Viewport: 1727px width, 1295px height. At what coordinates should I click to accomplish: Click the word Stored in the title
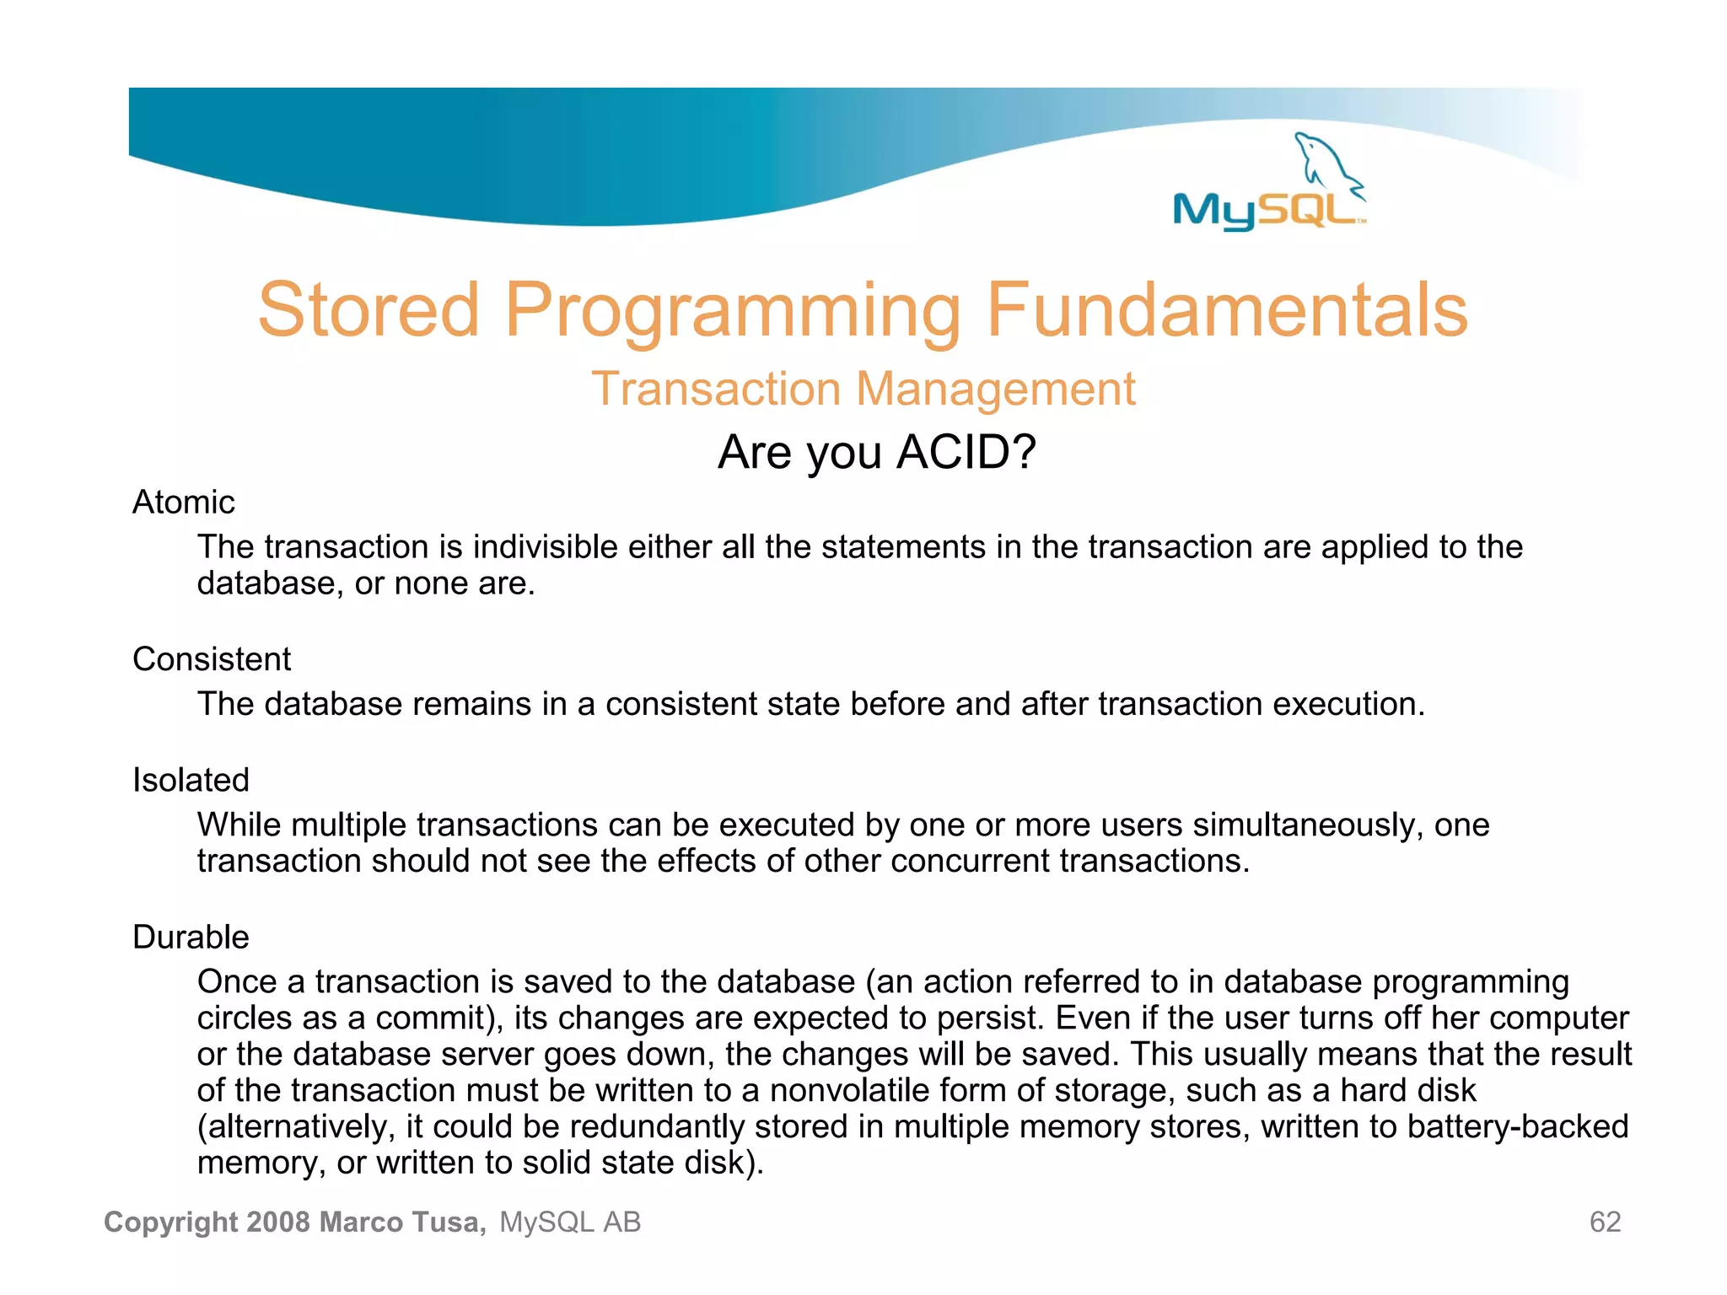[369, 310]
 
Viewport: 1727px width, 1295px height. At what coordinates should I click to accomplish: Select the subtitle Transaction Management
[863, 390]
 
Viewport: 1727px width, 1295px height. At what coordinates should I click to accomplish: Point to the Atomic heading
[183, 502]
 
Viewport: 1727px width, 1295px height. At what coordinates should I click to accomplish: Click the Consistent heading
[211, 659]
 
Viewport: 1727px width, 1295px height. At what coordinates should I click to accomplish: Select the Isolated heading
[191, 781]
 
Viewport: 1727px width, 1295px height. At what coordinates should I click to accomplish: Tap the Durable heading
[191, 938]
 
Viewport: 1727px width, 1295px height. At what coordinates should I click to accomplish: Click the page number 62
[1605, 1222]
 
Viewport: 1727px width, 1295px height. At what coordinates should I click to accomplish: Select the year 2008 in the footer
[279, 1222]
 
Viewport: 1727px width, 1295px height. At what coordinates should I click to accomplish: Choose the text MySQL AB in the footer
[570, 1222]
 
